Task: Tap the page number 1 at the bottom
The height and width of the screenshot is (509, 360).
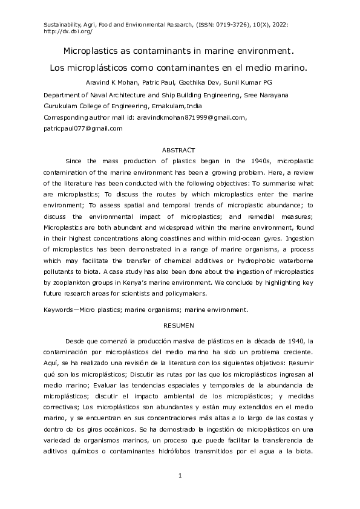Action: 180,477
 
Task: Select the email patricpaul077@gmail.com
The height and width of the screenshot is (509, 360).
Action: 83,128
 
